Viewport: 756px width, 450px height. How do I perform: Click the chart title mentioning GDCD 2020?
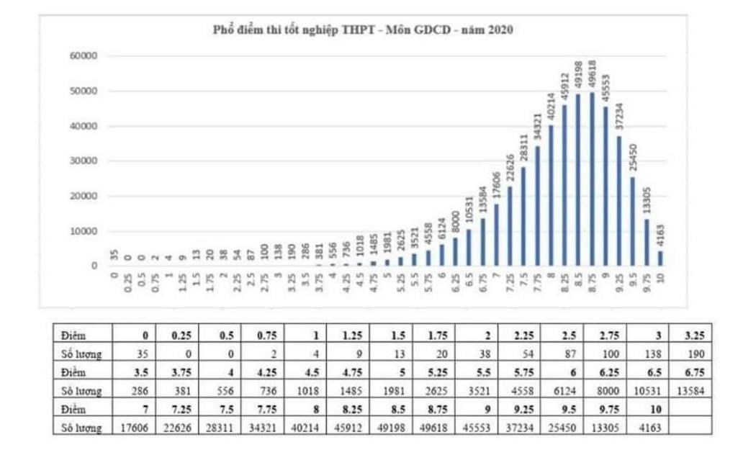click(363, 30)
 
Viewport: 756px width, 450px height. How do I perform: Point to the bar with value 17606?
click(496, 235)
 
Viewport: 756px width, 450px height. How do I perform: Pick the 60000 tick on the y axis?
click(84, 56)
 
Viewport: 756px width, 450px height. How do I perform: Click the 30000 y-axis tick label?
click(84, 161)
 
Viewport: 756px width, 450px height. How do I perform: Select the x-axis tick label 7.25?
click(510, 282)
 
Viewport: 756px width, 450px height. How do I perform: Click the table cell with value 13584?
click(692, 390)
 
